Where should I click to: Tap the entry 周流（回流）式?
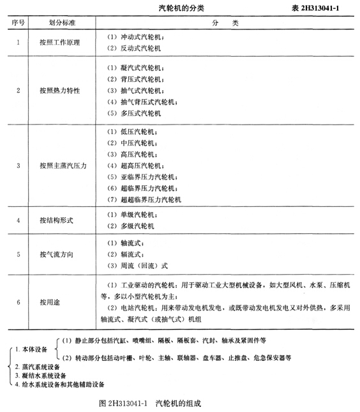point(135,266)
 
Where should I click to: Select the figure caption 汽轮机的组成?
point(182,403)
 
